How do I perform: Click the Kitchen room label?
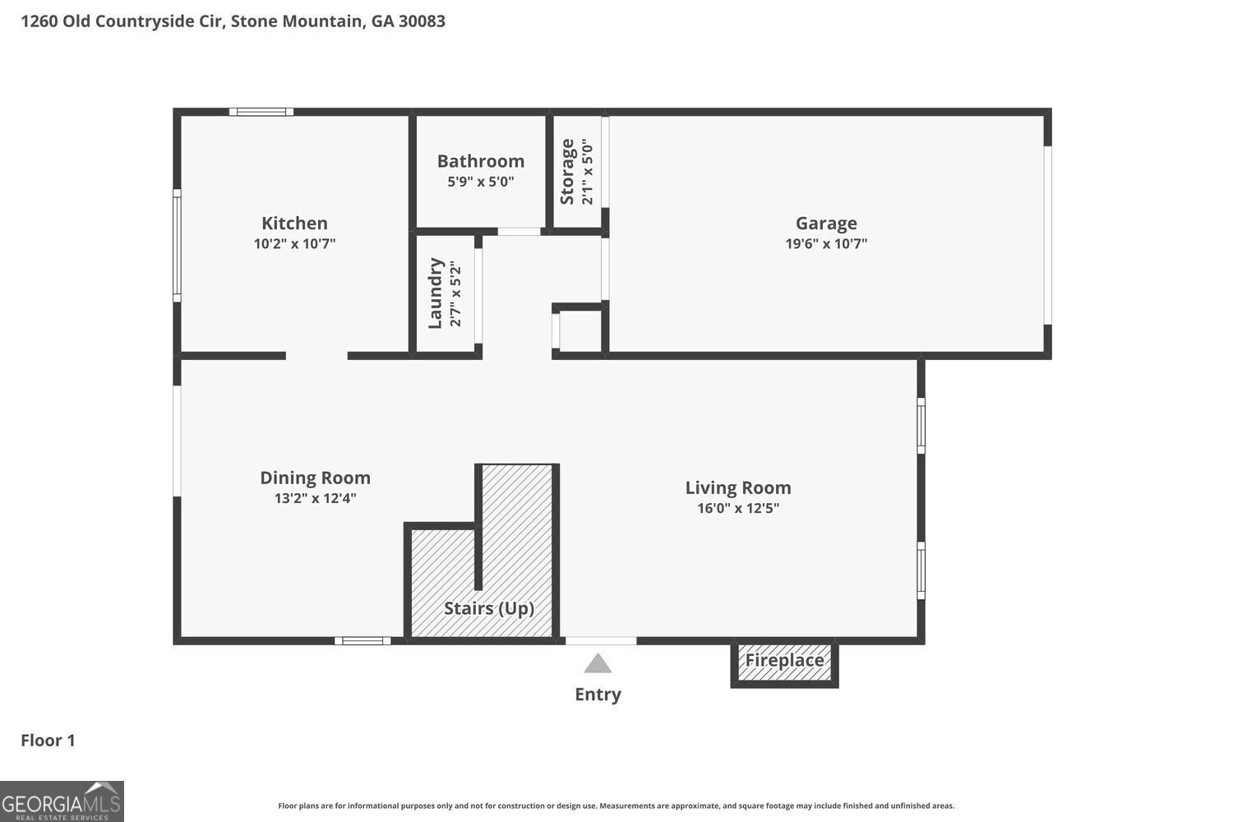[294, 223]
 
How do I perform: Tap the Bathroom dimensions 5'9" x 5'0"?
[481, 181]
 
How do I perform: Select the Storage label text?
[567, 172]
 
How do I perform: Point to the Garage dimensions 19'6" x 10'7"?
[826, 243]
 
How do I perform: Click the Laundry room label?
[436, 293]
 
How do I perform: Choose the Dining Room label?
[316, 478]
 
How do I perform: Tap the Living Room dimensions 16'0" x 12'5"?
[738, 508]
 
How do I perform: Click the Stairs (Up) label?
[489, 608]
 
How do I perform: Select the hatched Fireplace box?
[784, 664]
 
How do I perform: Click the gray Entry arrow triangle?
[598, 664]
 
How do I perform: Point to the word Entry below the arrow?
[598, 695]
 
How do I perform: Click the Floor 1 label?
[48, 741]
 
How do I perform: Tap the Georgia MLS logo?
[62, 801]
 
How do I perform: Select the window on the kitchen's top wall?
[261, 113]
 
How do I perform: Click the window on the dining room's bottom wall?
[363, 641]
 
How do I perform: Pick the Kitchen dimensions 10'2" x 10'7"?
[294, 243]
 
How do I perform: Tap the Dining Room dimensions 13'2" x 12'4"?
[316, 498]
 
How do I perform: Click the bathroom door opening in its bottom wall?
[519, 232]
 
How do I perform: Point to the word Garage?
[826, 224]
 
